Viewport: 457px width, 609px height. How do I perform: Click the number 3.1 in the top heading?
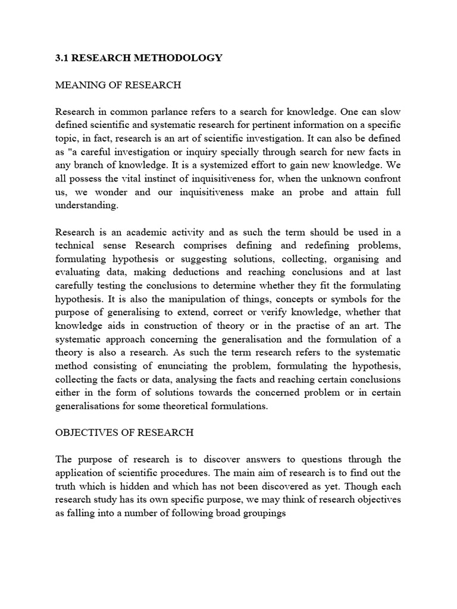click(62, 58)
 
